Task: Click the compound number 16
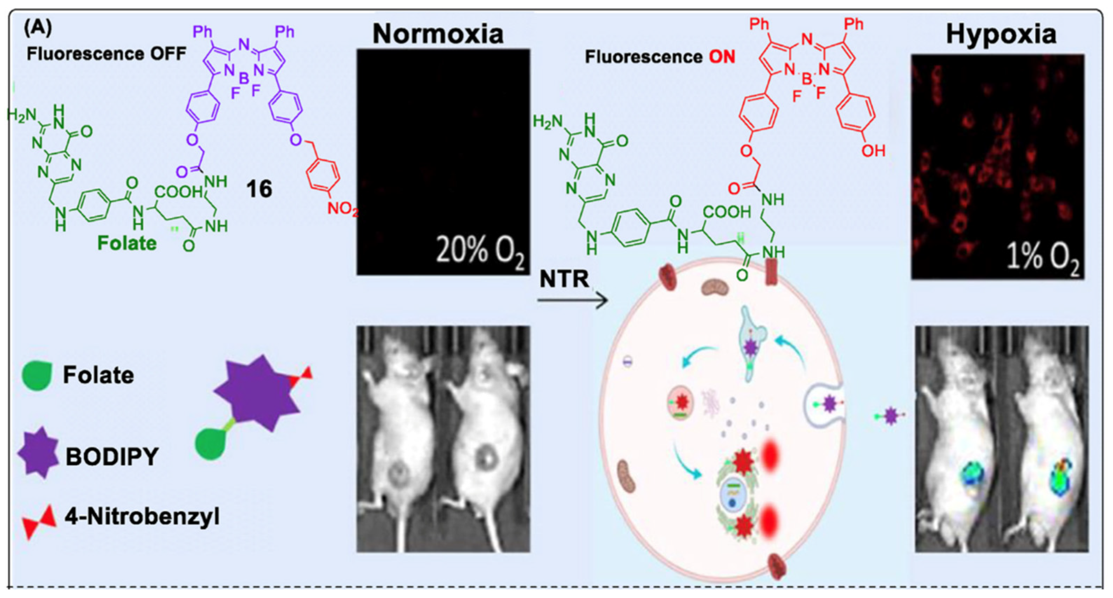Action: coord(259,189)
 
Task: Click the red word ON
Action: coord(722,57)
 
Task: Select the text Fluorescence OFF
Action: coord(106,54)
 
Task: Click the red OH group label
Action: coord(873,150)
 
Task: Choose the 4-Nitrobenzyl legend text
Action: coord(142,516)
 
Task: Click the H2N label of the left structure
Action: coord(22,114)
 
